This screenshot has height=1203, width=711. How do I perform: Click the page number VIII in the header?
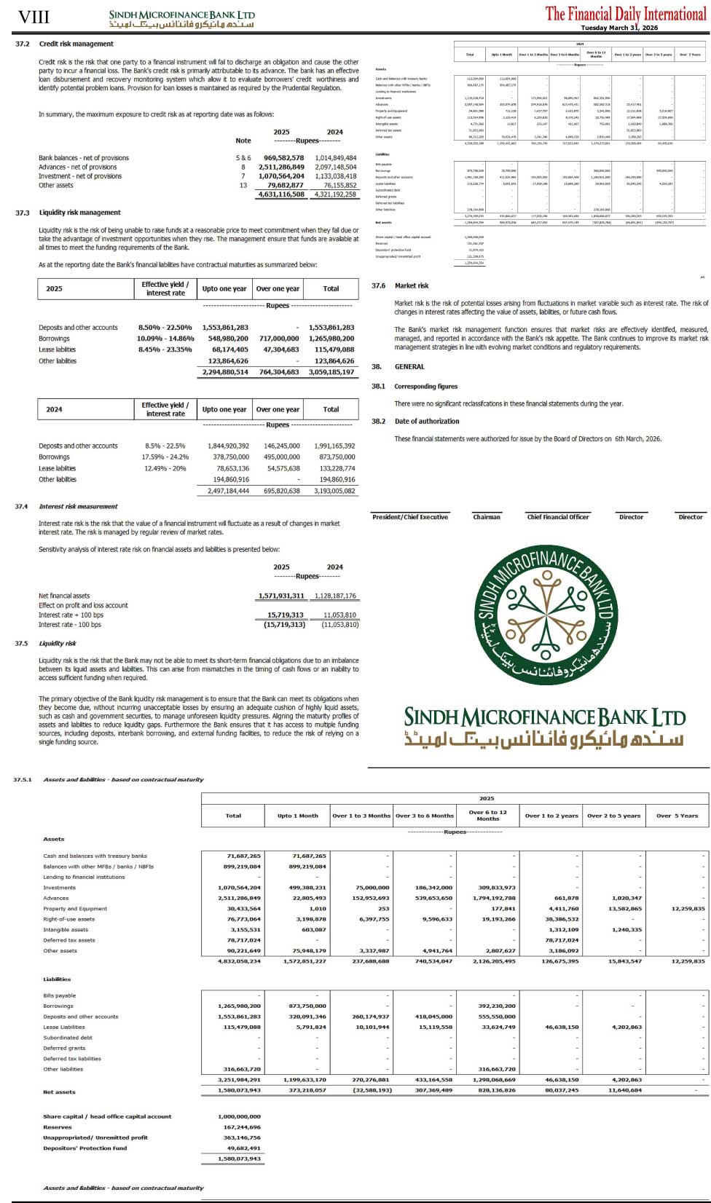[34, 17]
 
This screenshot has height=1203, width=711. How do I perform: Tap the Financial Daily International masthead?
[626, 13]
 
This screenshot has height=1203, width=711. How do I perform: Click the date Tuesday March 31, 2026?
[618, 28]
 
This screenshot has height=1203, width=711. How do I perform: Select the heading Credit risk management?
[76, 44]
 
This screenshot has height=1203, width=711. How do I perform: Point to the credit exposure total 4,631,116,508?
[280, 194]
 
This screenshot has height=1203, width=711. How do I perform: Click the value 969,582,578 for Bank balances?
[283, 158]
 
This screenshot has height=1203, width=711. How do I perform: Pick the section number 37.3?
[23, 213]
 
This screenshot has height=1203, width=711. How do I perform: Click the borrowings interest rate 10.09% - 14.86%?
[165, 339]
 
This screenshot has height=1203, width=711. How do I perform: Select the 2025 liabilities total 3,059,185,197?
[331, 372]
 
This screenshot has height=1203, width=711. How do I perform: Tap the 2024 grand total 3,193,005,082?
[331, 491]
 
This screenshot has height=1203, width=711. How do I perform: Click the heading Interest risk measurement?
[78, 506]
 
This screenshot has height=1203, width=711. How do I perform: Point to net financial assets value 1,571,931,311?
[280, 596]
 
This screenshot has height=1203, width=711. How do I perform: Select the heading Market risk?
[412, 285]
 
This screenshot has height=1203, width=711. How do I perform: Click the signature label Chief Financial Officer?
[558, 517]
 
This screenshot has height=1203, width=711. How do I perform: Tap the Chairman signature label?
[487, 517]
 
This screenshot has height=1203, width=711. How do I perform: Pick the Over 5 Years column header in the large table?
[677, 816]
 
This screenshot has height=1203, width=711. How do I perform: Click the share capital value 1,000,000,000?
[239, 1116]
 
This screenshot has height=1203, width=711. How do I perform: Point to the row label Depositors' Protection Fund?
[85, 1148]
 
